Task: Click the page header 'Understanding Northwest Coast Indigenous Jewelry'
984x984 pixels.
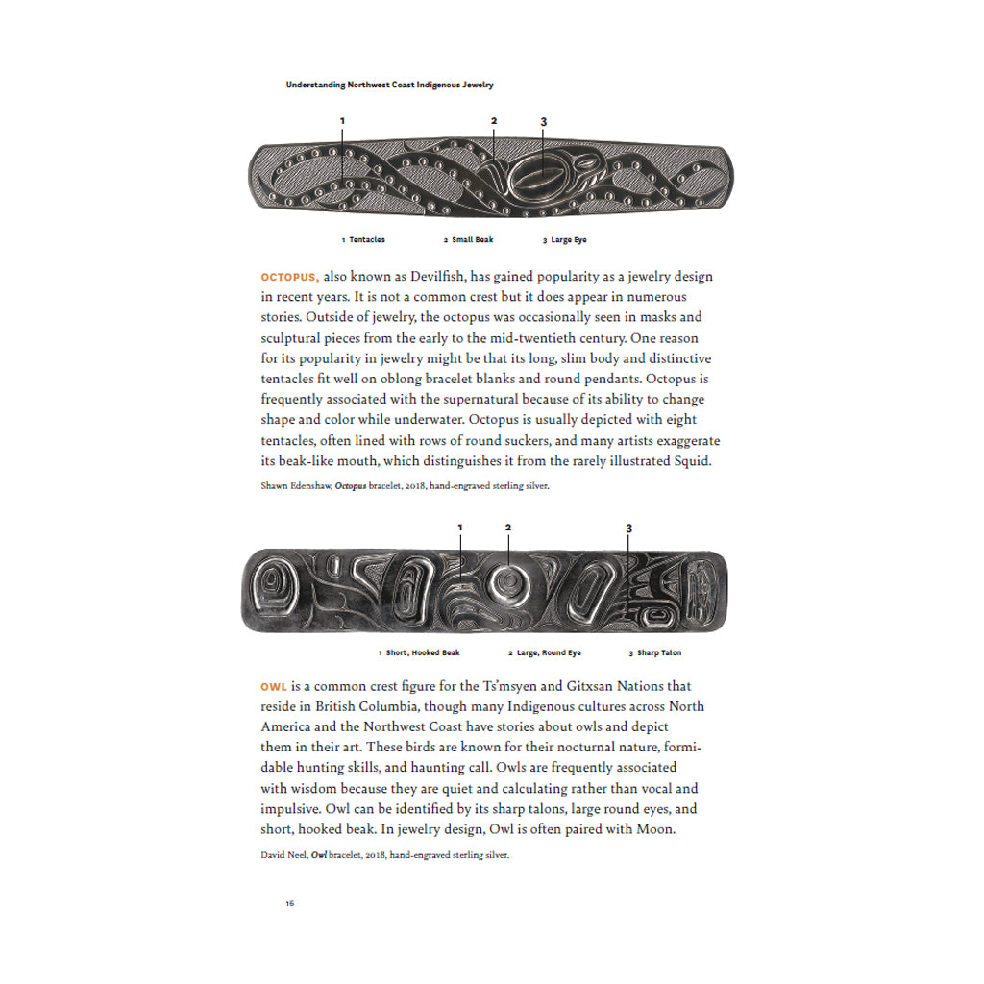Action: (389, 85)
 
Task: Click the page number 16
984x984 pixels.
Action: (289, 903)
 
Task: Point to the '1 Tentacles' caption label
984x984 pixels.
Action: (363, 239)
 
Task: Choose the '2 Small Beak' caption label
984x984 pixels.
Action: (468, 239)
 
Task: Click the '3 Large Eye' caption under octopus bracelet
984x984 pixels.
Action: (565, 239)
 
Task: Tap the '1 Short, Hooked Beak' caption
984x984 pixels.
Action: (419, 652)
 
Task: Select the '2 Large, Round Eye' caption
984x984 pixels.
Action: (545, 652)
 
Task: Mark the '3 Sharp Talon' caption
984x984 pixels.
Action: (655, 652)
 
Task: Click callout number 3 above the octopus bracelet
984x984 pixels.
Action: (543, 122)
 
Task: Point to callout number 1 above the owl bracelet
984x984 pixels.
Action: (459, 528)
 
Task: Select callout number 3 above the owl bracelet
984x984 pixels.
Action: (628, 528)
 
